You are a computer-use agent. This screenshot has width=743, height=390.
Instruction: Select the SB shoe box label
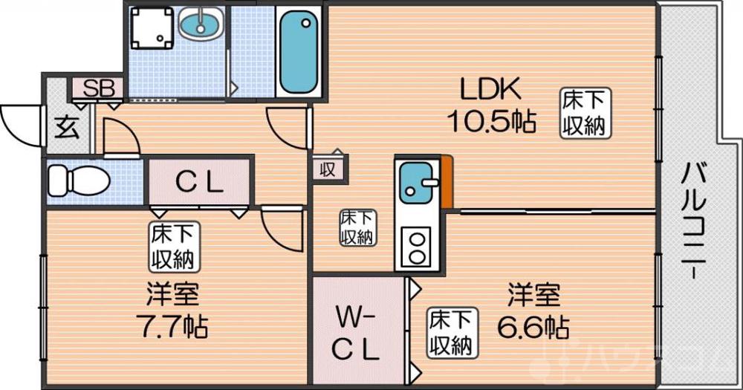click(x=98, y=89)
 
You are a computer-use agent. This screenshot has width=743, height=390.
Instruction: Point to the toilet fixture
click(x=77, y=179)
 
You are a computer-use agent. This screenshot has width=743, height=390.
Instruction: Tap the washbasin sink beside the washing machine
click(x=200, y=25)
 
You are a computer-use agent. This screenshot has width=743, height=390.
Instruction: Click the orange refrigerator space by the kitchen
click(x=447, y=183)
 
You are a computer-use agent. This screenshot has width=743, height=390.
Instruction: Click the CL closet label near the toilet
click(x=199, y=181)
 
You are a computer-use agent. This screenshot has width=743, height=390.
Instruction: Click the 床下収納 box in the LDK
click(x=585, y=112)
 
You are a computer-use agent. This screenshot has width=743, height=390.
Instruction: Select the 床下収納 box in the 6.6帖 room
click(x=452, y=332)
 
